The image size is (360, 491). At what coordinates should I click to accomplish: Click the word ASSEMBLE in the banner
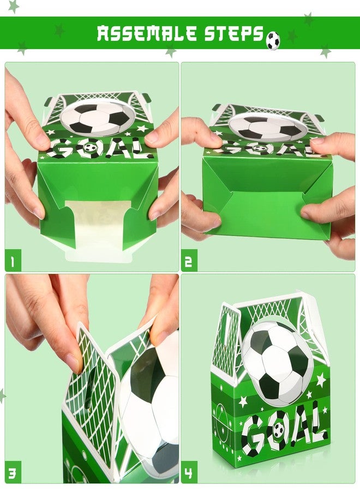(x=147, y=33)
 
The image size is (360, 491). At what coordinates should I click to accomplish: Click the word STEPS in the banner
(x=234, y=33)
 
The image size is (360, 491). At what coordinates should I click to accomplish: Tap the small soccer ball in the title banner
(x=273, y=41)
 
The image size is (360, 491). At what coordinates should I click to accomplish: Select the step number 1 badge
(x=13, y=260)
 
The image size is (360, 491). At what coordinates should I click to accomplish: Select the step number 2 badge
(x=189, y=260)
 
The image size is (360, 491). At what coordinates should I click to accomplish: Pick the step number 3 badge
(x=13, y=472)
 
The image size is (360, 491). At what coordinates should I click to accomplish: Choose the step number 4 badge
(x=189, y=472)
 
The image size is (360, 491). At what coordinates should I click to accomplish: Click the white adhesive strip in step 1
(x=98, y=230)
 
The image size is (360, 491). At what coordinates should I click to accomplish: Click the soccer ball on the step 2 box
(x=266, y=128)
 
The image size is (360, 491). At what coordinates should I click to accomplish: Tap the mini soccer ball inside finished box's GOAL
(x=278, y=430)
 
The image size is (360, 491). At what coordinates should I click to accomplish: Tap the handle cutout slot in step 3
(x=88, y=388)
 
